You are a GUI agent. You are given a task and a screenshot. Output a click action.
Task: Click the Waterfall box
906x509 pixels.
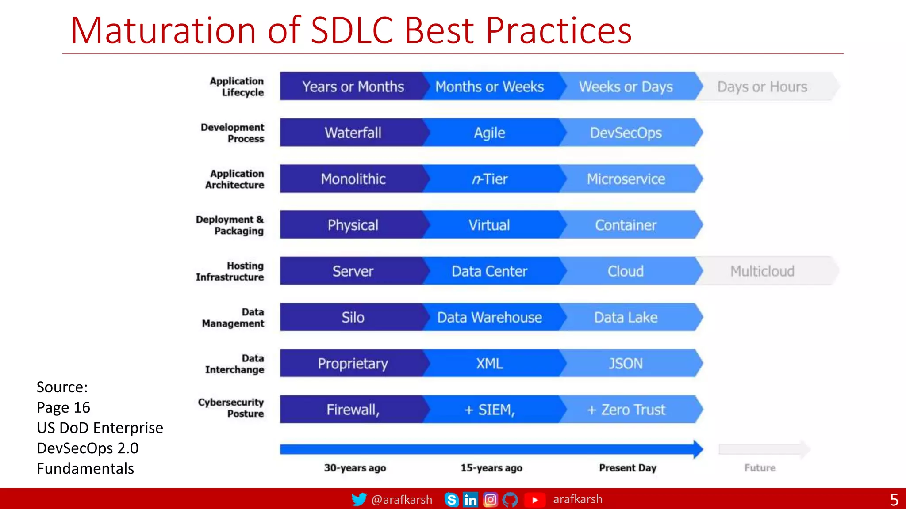[x=353, y=133]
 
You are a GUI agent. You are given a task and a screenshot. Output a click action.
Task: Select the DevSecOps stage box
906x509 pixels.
[x=626, y=133]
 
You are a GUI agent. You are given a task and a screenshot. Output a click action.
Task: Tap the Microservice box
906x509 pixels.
[x=626, y=179]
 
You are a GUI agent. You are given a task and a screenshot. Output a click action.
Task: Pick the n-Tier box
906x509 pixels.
[x=489, y=179]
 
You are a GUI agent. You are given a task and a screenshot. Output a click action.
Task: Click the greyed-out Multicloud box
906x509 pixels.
[x=762, y=271]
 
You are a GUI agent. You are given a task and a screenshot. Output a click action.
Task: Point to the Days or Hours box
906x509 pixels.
[x=762, y=87]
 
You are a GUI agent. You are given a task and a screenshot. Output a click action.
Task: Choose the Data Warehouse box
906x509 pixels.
[x=489, y=317]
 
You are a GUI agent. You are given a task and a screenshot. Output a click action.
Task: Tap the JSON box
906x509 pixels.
[x=626, y=363]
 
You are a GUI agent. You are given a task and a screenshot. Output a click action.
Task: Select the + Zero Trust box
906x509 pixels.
[x=626, y=410]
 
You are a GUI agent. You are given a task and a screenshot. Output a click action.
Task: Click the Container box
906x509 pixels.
[x=626, y=225]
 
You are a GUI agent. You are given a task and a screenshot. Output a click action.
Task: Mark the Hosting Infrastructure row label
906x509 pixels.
[x=230, y=271]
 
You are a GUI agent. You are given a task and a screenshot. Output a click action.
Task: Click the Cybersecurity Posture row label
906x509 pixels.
[x=231, y=408]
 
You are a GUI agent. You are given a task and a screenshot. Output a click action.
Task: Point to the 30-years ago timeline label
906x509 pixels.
[x=355, y=467]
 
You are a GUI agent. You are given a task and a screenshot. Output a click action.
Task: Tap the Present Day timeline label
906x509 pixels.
[x=627, y=467]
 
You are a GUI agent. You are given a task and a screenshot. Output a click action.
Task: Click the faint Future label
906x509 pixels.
[x=760, y=467]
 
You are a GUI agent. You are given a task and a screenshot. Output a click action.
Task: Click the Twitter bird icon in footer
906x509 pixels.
[x=359, y=499]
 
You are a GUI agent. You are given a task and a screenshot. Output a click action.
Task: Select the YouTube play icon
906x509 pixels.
[x=534, y=500]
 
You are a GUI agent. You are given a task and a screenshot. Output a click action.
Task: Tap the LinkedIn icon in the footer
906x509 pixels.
[x=470, y=500]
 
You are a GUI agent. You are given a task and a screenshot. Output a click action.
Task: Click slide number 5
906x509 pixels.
[x=894, y=500]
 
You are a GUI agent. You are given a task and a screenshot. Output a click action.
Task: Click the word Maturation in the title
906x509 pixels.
[x=163, y=31]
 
